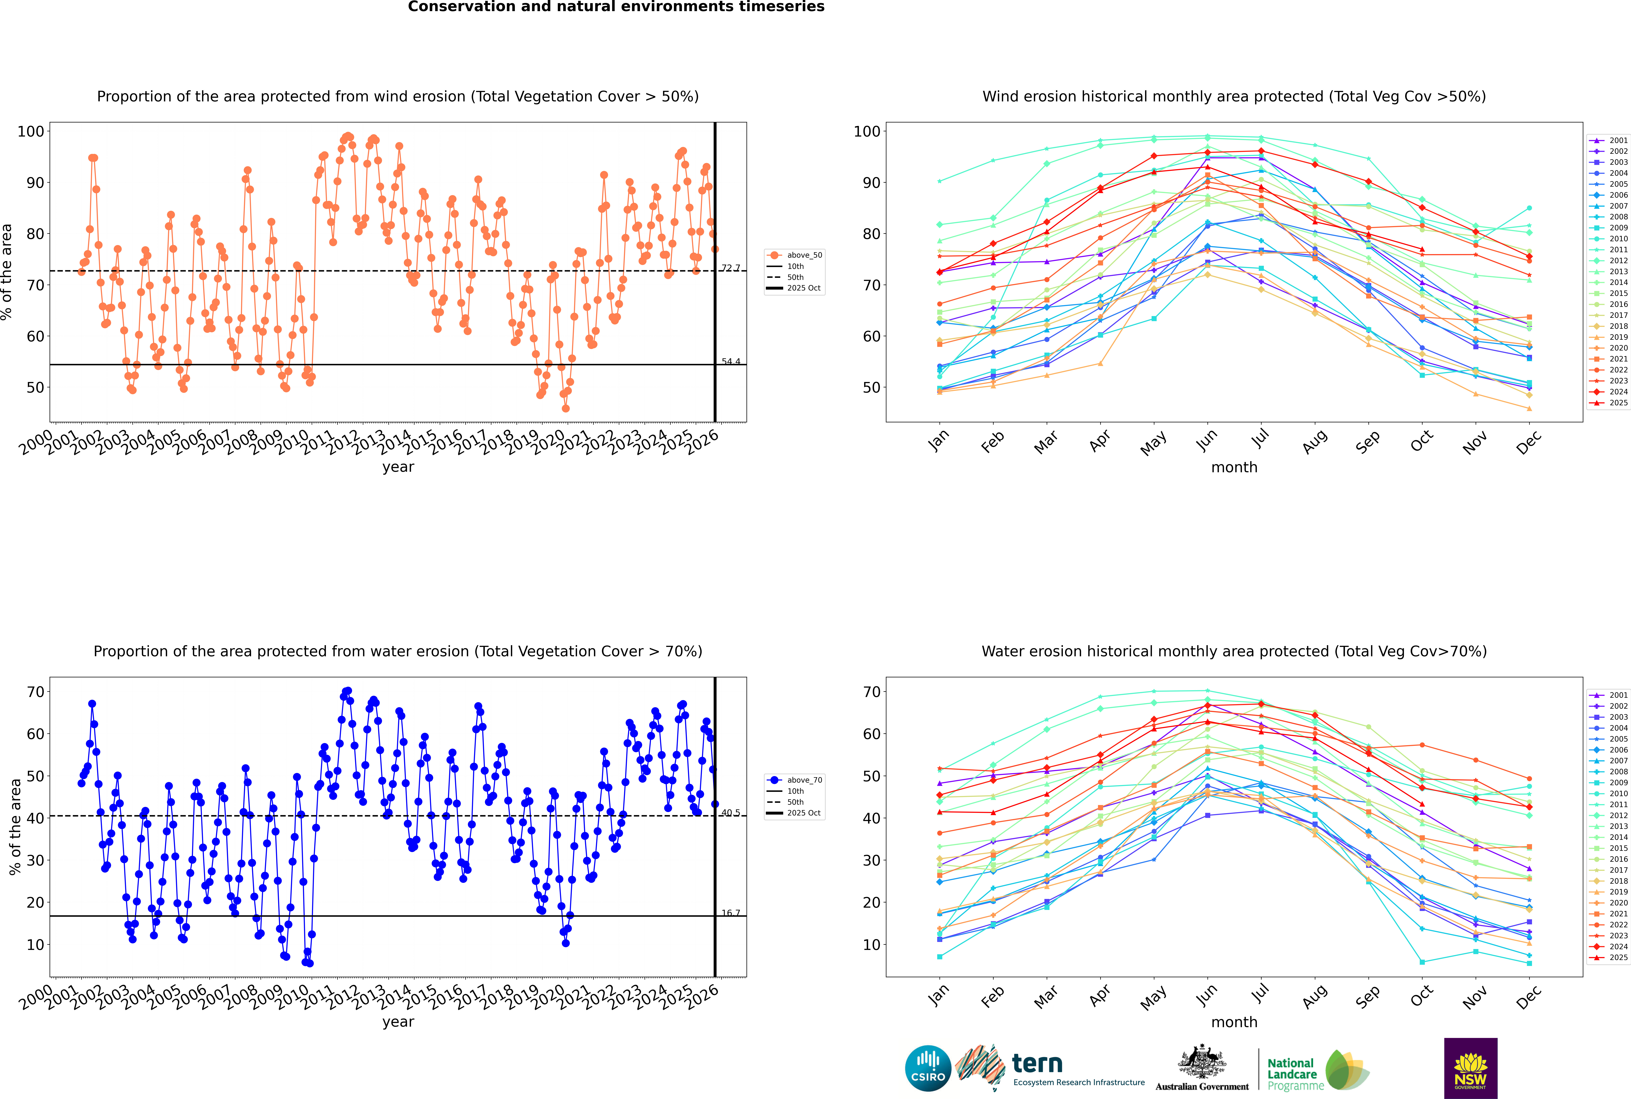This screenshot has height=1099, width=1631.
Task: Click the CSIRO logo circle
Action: [928, 1068]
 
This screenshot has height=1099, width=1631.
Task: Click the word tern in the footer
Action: [1037, 1064]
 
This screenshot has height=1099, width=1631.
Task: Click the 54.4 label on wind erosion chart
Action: [731, 362]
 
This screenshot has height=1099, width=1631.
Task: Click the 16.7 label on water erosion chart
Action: [731, 913]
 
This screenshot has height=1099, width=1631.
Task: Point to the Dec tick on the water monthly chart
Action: [1529, 995]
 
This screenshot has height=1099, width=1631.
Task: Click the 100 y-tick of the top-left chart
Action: [31, 131]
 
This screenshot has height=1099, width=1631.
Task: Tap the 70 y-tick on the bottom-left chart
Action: [35, 692]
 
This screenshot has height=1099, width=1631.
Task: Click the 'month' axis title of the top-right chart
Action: [1234, 468]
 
